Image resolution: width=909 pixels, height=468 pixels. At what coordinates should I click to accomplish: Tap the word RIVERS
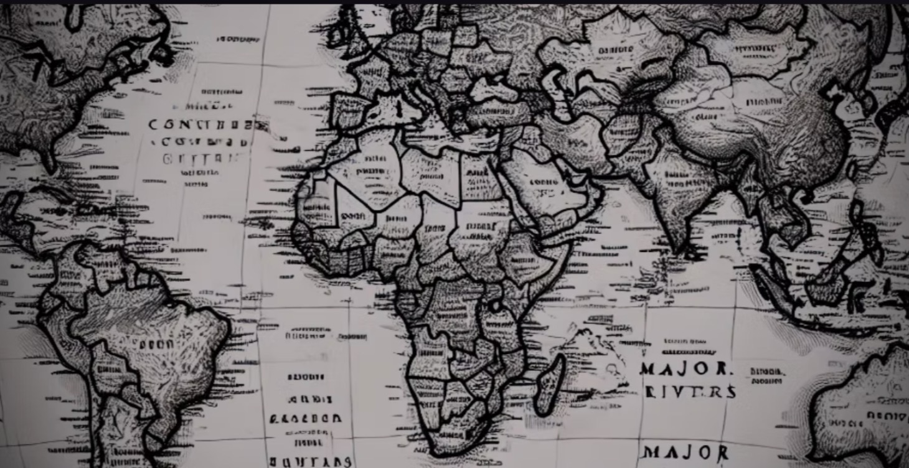(x=690, y=391)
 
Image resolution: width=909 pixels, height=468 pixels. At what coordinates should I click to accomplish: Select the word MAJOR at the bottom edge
(x=685, y=452)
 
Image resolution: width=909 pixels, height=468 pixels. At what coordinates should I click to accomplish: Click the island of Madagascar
(x=550, y=385)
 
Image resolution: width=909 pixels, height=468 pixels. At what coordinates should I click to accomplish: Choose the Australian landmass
(x=865, y=417)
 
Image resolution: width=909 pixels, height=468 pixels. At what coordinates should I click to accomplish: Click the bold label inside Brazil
(x=156, y=344)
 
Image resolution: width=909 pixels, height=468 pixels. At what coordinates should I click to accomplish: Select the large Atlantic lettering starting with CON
(x=200, y=125)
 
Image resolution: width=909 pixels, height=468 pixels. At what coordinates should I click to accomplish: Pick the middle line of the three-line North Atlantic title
(x=206, y=142)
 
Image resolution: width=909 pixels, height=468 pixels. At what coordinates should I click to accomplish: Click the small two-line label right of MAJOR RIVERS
(x=767, y=375)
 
